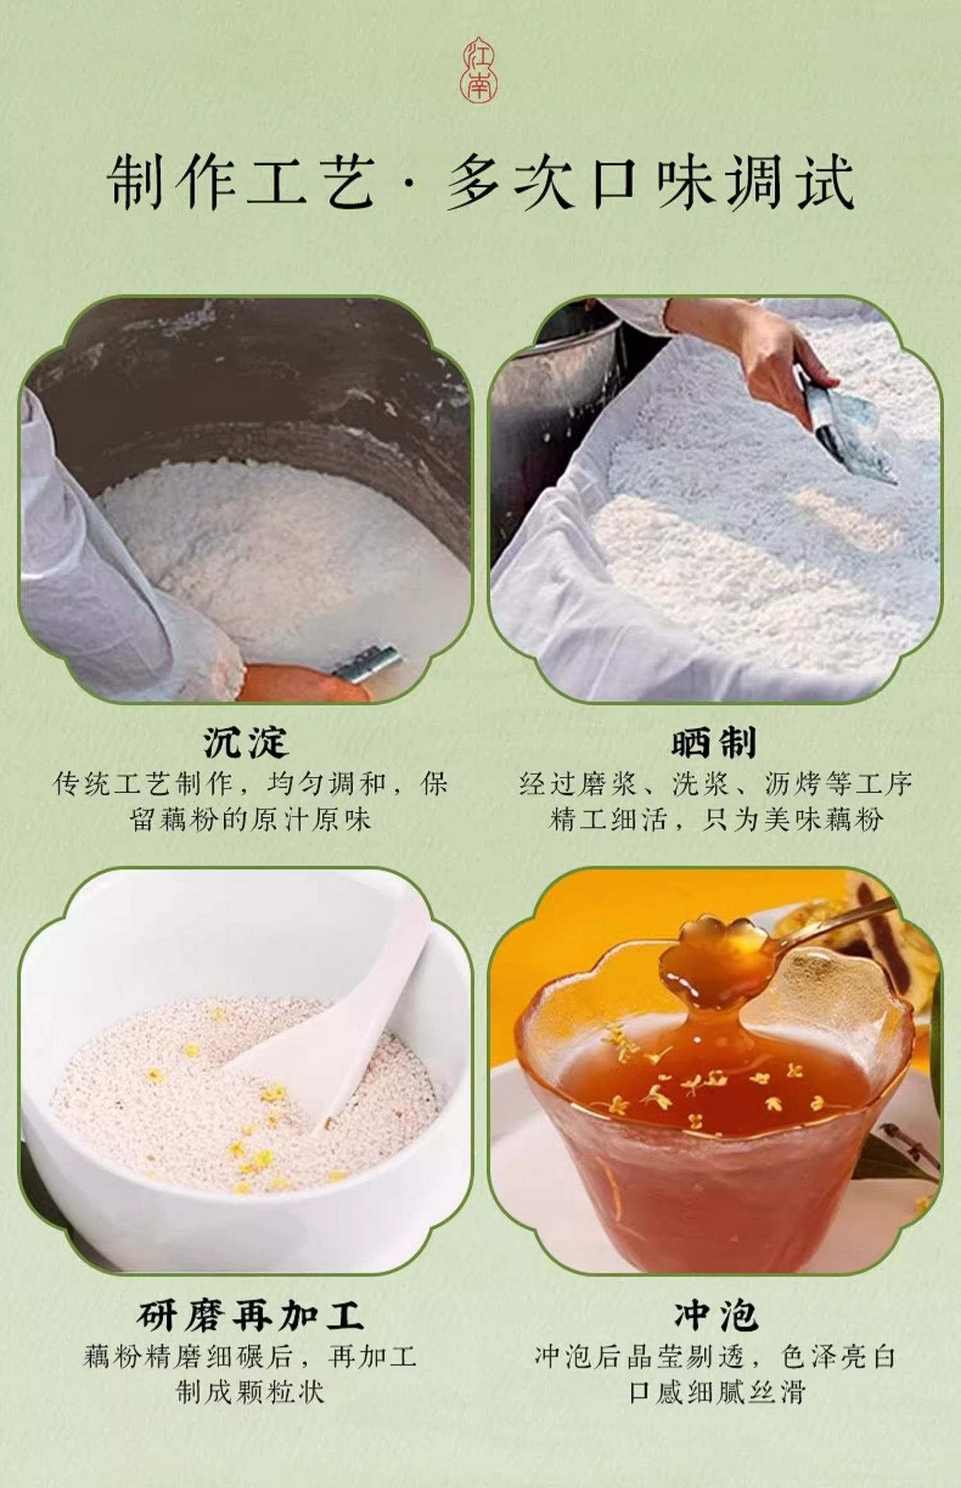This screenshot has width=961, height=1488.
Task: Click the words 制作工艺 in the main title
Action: [241, 183]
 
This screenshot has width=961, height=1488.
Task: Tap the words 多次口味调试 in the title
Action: [650, 183]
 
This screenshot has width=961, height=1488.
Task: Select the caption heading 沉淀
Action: [246, 742]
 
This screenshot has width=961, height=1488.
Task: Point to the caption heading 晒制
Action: [714, 742]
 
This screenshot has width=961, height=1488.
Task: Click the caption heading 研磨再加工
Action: [250, 1315]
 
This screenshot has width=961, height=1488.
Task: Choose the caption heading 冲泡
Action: [715, 1315]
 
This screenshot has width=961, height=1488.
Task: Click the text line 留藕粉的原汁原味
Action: [250, 820]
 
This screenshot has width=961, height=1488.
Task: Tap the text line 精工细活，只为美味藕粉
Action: [716, 820]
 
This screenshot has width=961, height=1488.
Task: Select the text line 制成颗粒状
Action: [250, 1393]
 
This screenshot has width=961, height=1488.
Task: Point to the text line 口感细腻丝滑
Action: [717, 1393]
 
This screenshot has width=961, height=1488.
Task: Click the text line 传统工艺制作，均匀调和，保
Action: [250, 784]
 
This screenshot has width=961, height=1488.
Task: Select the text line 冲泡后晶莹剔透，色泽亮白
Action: [715, 1357]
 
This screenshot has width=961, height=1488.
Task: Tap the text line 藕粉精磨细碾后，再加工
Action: [250, 1357]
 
